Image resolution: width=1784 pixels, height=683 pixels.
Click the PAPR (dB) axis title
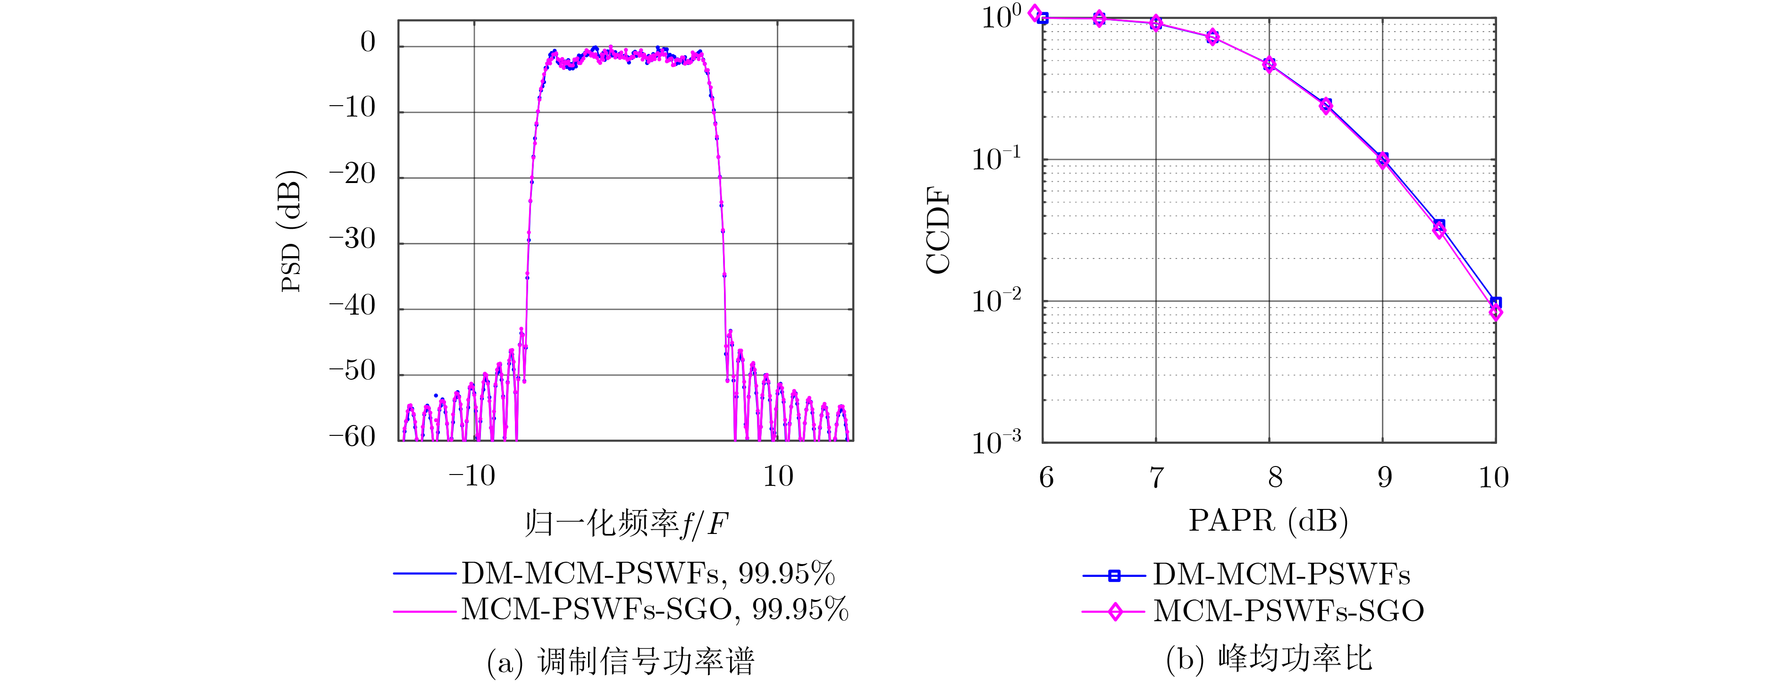click(x=1268, y=520)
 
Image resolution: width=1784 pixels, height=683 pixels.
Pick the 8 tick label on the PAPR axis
click(x=1275, y=477)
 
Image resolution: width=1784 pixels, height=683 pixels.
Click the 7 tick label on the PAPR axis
click(x=1157, y=477)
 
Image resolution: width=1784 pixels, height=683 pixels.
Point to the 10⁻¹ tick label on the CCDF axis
click(x=996, y=159)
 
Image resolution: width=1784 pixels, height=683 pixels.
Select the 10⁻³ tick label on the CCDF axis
click(x=996, y=442)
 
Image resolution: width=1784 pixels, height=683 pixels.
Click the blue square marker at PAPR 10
click(x=1495, y=302)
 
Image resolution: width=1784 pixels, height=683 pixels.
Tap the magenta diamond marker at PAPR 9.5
click(x=1439, y=232)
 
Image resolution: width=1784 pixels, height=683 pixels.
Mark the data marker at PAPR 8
click(x=1269, y=64)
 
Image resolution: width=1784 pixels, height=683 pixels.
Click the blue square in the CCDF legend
click(x=1114, y=575)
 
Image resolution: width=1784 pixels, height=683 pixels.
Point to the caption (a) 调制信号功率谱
click(x=621, y=662)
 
